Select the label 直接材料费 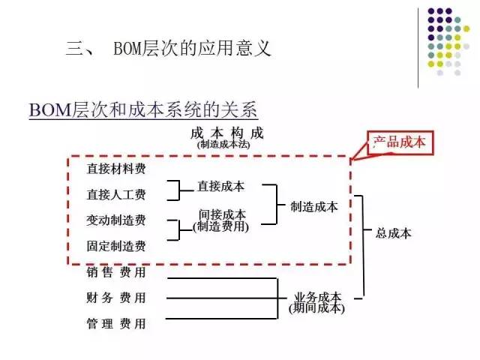[x=116, y=168]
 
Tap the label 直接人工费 [x=116, y=194]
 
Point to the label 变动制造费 [x=116, y=220]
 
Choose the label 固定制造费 [x=116, y=245]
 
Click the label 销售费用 [x=116, y=271]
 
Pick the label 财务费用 [x=116, y=298]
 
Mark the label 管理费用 [x=116, y=324]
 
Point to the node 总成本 [x=394, y=233]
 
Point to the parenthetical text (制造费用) [x=220, y=226]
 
